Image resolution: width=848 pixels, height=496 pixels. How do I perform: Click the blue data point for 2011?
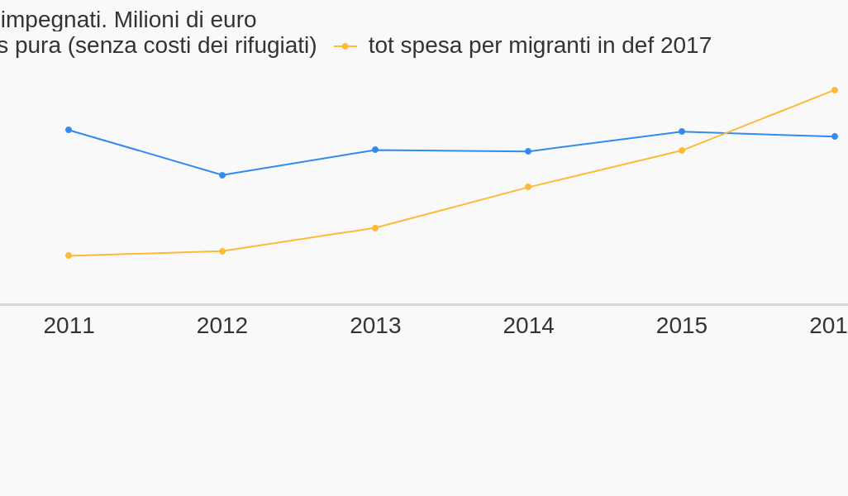(69, 130)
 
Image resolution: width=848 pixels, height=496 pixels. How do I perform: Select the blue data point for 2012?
(222, 175)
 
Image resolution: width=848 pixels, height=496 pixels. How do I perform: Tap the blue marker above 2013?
(375, 150)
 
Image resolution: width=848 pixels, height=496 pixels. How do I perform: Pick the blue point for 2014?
(528, 151)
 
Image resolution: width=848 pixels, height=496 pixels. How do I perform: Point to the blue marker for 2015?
(682, 131)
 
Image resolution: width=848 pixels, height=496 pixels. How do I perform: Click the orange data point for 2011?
(69, 255)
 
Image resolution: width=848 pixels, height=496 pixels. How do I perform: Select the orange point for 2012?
(222, 251)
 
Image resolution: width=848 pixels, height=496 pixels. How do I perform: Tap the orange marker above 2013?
(375, 228)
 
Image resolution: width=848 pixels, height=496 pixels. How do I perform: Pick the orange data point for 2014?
(528, 187)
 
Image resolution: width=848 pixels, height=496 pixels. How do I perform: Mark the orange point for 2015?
(682, 150)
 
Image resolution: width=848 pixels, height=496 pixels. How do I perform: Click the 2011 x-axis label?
(69, 326)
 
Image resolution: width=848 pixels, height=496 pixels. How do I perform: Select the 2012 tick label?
(222, 326)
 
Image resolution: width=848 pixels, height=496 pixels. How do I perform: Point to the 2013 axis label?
(375, 326)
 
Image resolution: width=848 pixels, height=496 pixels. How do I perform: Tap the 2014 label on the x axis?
(528, 326)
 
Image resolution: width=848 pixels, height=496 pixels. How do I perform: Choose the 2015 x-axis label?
(682, 326)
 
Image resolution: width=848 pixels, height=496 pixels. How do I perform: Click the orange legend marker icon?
(345, 46)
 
